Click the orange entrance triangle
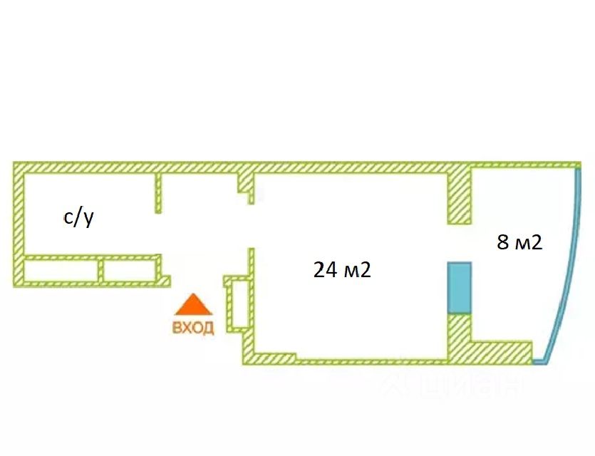194,306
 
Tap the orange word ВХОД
193,328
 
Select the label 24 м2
343,270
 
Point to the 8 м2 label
519,242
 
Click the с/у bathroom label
79,217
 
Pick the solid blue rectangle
460,286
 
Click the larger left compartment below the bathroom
61,271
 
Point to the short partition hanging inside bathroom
158,192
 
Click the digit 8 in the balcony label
502,242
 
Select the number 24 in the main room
324,270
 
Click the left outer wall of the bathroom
18,224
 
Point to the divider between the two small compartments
101,271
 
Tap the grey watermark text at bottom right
449,385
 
